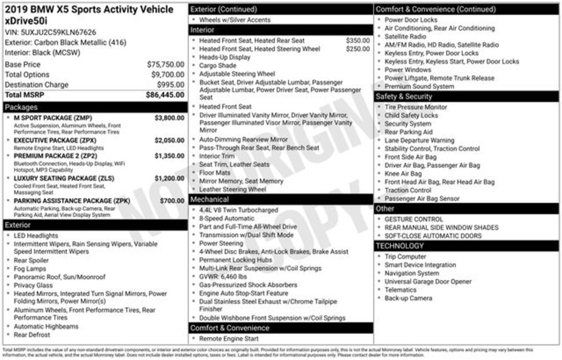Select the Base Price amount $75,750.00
[x=165, y=64]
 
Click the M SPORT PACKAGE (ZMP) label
[x=53, y=118]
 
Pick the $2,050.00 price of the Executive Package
[x=169, y=140]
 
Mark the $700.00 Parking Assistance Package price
[x=172, y=201]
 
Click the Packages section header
[x=22, y=107]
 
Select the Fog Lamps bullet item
[x=30, y=269]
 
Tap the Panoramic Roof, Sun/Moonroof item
[x=59, y=277]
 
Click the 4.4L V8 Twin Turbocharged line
[x=239, y=210]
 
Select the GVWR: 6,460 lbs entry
[x=223, y=277]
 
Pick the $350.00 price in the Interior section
[x=358, y=41]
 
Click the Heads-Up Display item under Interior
[x=224, y=57]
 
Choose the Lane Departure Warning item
[x=419, y=140]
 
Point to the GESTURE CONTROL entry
[x=414, y=220]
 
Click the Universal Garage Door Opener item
[x=428, y=282]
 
